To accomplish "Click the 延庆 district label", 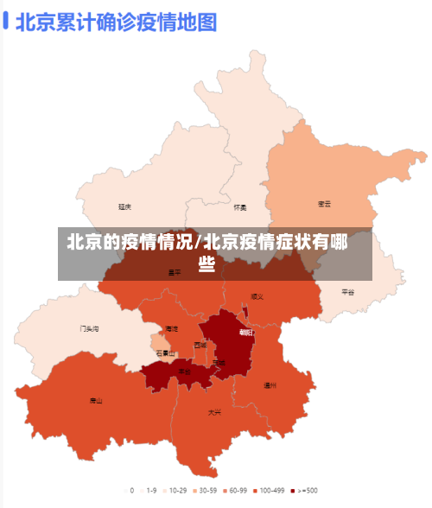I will click(x=125, y=206).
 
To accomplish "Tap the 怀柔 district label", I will click(x=240, y=207).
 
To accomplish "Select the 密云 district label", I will click(x=325, y=204).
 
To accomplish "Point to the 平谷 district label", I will click(x=347, y=292).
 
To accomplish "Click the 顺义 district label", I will click(x=257, y=296).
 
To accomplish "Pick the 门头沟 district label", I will click(x=90, y=329).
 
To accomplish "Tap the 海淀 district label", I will click(x=172, y=329).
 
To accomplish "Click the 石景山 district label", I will click(x=165, y=352).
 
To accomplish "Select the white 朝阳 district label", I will click(x=246, y=332).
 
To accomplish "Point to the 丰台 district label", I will click(x=185, y=371).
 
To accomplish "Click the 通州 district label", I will click(x=270, y=385).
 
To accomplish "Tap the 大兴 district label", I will click(x=213, y=412).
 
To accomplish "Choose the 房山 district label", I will click(x=96, y=400).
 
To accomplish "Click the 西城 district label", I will click(x=200, y=345).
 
